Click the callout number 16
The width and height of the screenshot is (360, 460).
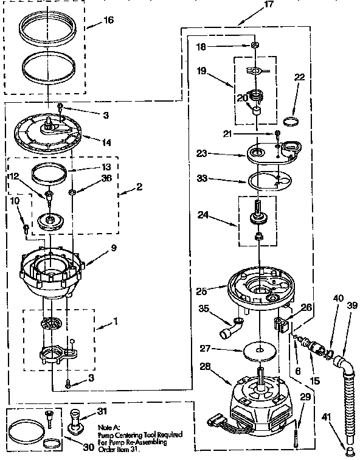[108, 20]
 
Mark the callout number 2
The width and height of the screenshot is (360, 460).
[139, 187]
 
